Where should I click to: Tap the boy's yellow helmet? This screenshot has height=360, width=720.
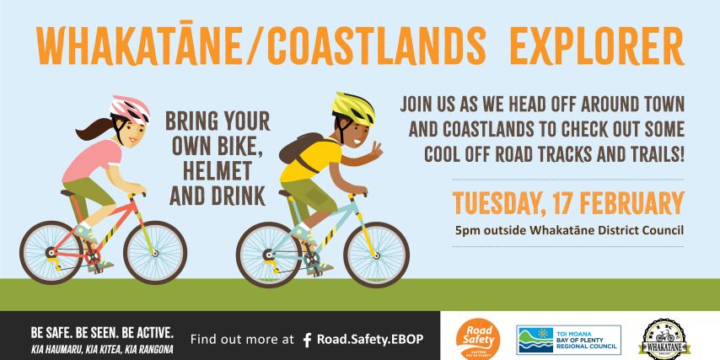pos(353,107)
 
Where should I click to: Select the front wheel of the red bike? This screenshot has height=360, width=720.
pos(155,251)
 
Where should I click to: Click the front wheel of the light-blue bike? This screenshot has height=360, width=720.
pos(377,254)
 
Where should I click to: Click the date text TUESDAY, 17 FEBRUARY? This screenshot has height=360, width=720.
pos(567,203)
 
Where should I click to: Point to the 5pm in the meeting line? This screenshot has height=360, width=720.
pos(466,229)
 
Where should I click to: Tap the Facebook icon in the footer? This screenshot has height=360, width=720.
pos(307,340)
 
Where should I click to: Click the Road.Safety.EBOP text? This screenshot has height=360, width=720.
pos(370,339)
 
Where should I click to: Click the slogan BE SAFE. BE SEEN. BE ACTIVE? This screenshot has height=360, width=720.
pos(102,331)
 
